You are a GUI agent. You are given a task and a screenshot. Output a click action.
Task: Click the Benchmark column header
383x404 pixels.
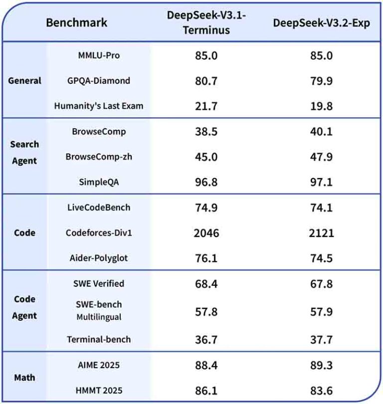tap(76, 22)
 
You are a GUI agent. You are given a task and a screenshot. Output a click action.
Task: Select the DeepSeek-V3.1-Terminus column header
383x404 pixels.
tap(206, 22)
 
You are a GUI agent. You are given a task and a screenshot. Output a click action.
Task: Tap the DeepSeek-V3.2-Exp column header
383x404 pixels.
tap(321, 23)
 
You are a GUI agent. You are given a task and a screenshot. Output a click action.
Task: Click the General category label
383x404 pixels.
tap(25, 80)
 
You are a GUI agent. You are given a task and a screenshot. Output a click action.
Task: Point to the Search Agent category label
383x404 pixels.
tap(24, 152)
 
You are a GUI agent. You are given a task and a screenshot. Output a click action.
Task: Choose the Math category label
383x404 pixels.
tap(24, 378)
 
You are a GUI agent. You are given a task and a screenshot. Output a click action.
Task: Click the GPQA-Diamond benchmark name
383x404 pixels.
tap(98, 80)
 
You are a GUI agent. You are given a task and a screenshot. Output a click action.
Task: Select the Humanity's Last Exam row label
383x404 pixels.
tap(98, 106)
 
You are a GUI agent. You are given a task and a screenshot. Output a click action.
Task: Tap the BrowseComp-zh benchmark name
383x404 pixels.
tap(98, 157)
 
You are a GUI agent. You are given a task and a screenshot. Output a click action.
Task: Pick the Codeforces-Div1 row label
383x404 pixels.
tap(98, 232)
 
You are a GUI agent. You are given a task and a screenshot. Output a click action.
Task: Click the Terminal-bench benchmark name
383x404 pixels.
tap(99, 339)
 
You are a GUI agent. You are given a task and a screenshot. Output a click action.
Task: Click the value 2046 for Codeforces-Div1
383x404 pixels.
tap(206, 232)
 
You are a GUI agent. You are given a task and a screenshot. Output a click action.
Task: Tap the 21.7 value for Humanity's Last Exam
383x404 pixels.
tap(206, 106)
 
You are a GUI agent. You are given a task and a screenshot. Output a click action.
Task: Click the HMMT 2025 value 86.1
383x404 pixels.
tap(206, 391)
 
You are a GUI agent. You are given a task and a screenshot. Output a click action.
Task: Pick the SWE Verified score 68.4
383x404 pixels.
tap(206, 283)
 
